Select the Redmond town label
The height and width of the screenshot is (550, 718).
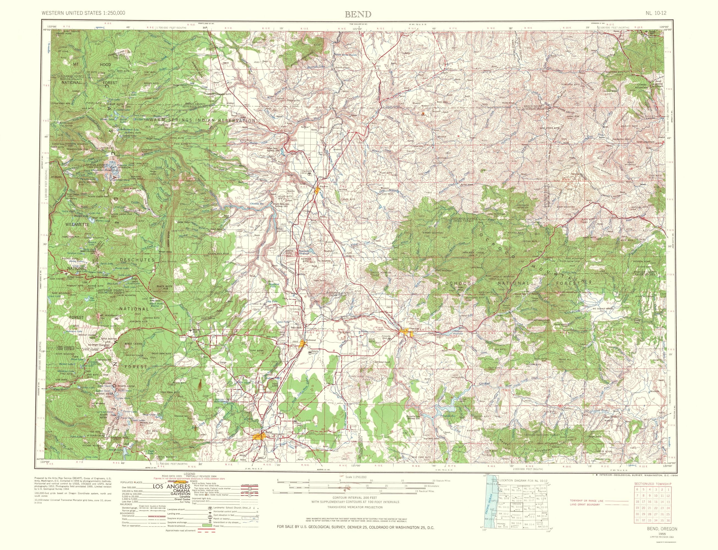tap(310, 340)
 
